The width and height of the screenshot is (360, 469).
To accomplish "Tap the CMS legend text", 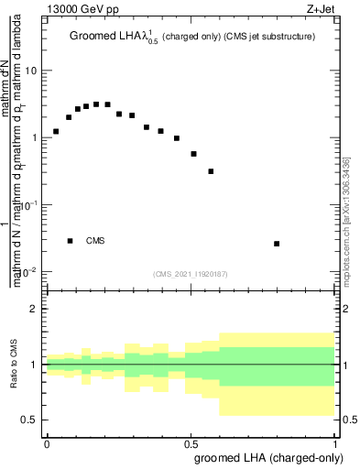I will pos(95,241).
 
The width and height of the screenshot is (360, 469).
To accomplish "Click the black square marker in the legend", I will pos(70,240).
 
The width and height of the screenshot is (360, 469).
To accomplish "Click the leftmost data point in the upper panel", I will pos(56,132).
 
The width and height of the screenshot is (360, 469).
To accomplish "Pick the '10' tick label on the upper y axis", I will pos(30,71).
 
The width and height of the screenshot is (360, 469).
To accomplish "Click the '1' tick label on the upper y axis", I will pos(33,137).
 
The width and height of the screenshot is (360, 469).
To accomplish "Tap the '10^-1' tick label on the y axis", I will pos(28,204).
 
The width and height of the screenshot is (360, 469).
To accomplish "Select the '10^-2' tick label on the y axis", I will pos(28,272).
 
